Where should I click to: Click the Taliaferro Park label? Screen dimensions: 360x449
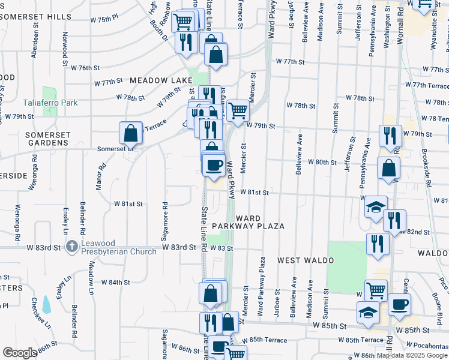point(50,103)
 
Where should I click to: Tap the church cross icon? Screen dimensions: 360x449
point(71,245)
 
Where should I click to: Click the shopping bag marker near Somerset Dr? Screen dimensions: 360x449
point(130,133)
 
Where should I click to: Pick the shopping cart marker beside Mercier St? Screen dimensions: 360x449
point(238,110)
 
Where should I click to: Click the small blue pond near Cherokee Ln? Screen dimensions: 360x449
point(47,305)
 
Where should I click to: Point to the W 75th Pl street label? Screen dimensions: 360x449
point(104,19)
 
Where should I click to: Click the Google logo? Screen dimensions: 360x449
point(20,353)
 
